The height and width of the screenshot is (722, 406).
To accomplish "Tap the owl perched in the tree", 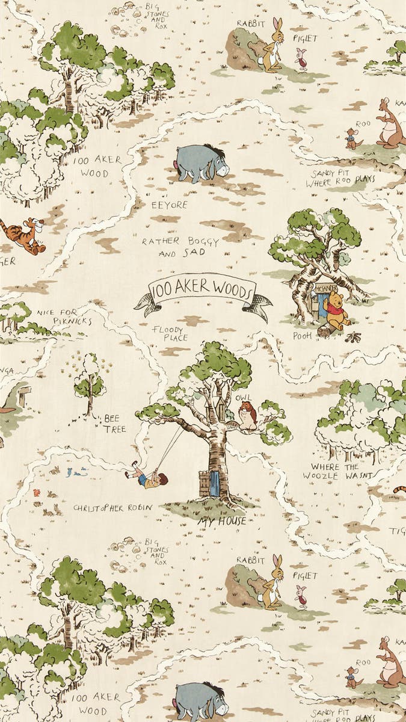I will click(247, 416).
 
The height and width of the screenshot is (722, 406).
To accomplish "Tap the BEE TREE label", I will click(114, 424).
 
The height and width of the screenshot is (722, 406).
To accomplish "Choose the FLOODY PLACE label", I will click(170, 333).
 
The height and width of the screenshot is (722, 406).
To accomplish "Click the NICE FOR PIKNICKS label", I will click(64, 316).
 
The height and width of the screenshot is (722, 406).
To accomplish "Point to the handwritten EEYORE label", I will click(170, 205).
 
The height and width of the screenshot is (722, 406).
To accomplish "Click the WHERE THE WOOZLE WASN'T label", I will click(340, 471).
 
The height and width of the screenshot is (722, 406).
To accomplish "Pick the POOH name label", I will click(302, 336).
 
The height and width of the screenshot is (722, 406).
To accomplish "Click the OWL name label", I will click(244, 398).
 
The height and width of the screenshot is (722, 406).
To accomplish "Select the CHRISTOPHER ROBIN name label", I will click(112, 507).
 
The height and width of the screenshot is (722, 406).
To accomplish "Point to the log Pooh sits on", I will click(328, 330).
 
